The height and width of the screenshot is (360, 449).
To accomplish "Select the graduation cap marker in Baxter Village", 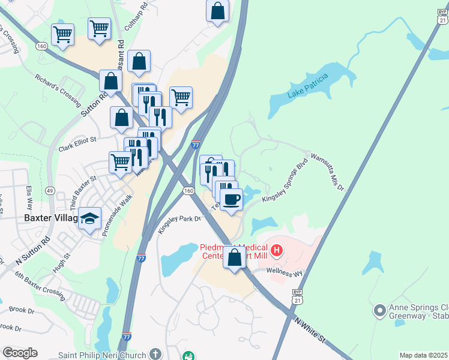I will click(x=90, y=219).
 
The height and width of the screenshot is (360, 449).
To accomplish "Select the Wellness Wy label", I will click(x=290, y=273).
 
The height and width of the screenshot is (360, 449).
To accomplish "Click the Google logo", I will click(x=20, y=353).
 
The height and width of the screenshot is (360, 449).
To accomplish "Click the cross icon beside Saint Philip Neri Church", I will click(x=155, y=353).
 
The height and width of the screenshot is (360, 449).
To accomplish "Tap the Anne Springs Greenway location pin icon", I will click(x=379, y=310).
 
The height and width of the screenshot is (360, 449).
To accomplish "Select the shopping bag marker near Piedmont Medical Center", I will click(x=234, y=258).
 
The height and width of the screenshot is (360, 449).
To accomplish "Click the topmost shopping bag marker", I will click(x=217, y=11).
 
